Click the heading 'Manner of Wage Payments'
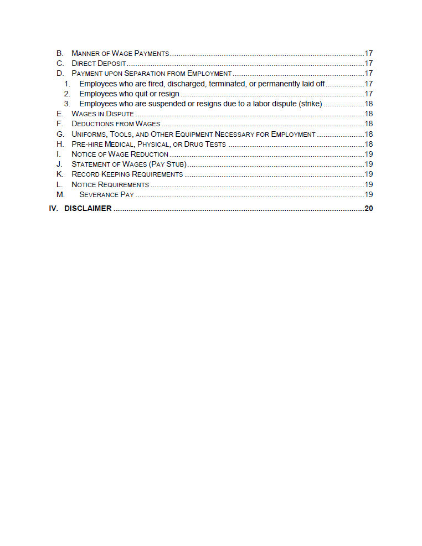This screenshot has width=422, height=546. [x=120, y=54]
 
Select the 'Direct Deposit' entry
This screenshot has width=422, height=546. [x=95, y=64]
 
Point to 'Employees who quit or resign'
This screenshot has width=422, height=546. [x=129, y=94]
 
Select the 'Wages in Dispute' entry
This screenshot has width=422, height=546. [x=102, y=114]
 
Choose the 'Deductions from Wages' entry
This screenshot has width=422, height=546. [x=116, y=124]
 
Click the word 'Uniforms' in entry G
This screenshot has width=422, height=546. [x=89, y=135]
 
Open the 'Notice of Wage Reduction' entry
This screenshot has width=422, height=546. [x=120, y=154]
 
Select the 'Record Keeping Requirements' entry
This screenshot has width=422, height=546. [x=127, y=174]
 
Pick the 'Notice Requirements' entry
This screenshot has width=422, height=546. [x=110, y=184]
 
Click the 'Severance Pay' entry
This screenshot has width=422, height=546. [x=106, y=195]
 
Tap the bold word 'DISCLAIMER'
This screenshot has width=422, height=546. [x=88, y=209]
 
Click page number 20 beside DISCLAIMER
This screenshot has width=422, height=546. [x=369, y=209]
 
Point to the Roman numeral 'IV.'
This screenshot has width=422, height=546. [x=54, y=209]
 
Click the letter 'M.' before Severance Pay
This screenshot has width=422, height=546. [x=60, y=195]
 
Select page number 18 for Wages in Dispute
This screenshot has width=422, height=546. [x=369, y=114]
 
